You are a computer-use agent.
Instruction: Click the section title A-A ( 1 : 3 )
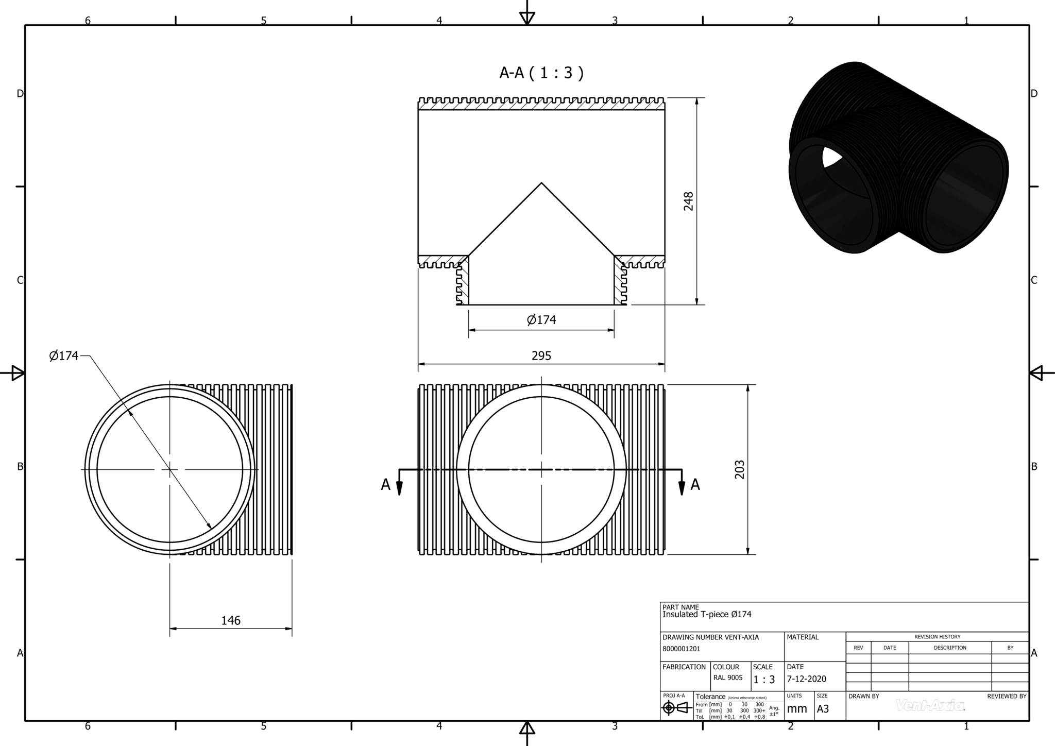pyautogui.click(x=541, y=73)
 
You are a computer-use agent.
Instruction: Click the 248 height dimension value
pyautogui.click(x=688, y=201)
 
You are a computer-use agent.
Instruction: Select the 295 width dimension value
pyautogui.click(x=541, y=356)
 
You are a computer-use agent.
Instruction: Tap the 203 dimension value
pyautogui.click(x=739, y=469)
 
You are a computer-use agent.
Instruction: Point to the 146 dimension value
pyautogui.click(x=231, y=621)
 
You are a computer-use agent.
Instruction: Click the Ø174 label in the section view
pyautogui.click(x=541, y=320)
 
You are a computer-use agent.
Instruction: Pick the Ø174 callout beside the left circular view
pyautogui.click(x=64, y=355)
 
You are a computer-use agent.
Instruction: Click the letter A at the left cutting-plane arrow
pyautogui.click(x=385, y=485)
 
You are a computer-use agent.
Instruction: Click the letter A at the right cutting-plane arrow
pyautogui.click(x=695, y=485)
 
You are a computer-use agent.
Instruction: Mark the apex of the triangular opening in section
pyautogui.click(x=541, y=183)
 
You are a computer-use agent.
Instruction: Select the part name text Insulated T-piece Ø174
pyautogui.click(x=707, y=614)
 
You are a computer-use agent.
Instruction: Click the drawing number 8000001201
pyautogui.click(x=681, y=649)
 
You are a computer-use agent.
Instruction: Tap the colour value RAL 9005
pyautogui.click(x=728, y=677)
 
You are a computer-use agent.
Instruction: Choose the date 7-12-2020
pyautogui.click(x=806, y=679)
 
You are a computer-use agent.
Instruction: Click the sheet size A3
pyautogui.click(x=823, y=709)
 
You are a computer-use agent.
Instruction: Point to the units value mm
pyautogui.click(x=797, y=709)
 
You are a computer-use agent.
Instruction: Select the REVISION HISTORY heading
pyautogui.click(x=937, y=637)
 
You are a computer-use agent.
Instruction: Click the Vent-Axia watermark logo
pyautogui.click(x=930, y=705)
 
